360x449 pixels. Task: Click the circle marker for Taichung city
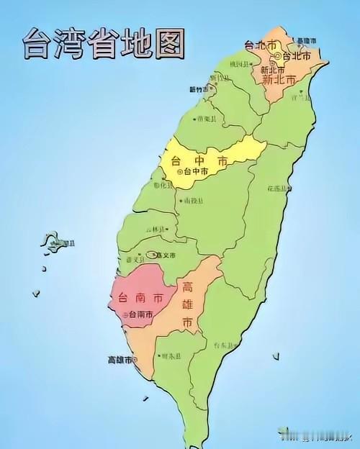(181, 172)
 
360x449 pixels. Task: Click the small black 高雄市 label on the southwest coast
(120, 359)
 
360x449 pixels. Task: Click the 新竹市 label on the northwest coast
(198, 89)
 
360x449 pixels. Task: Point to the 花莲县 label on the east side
(279, 189)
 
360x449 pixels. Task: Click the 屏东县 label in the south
(171, 356)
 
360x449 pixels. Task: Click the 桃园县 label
(238, 64)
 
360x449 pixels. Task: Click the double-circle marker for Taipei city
(276, 55)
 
